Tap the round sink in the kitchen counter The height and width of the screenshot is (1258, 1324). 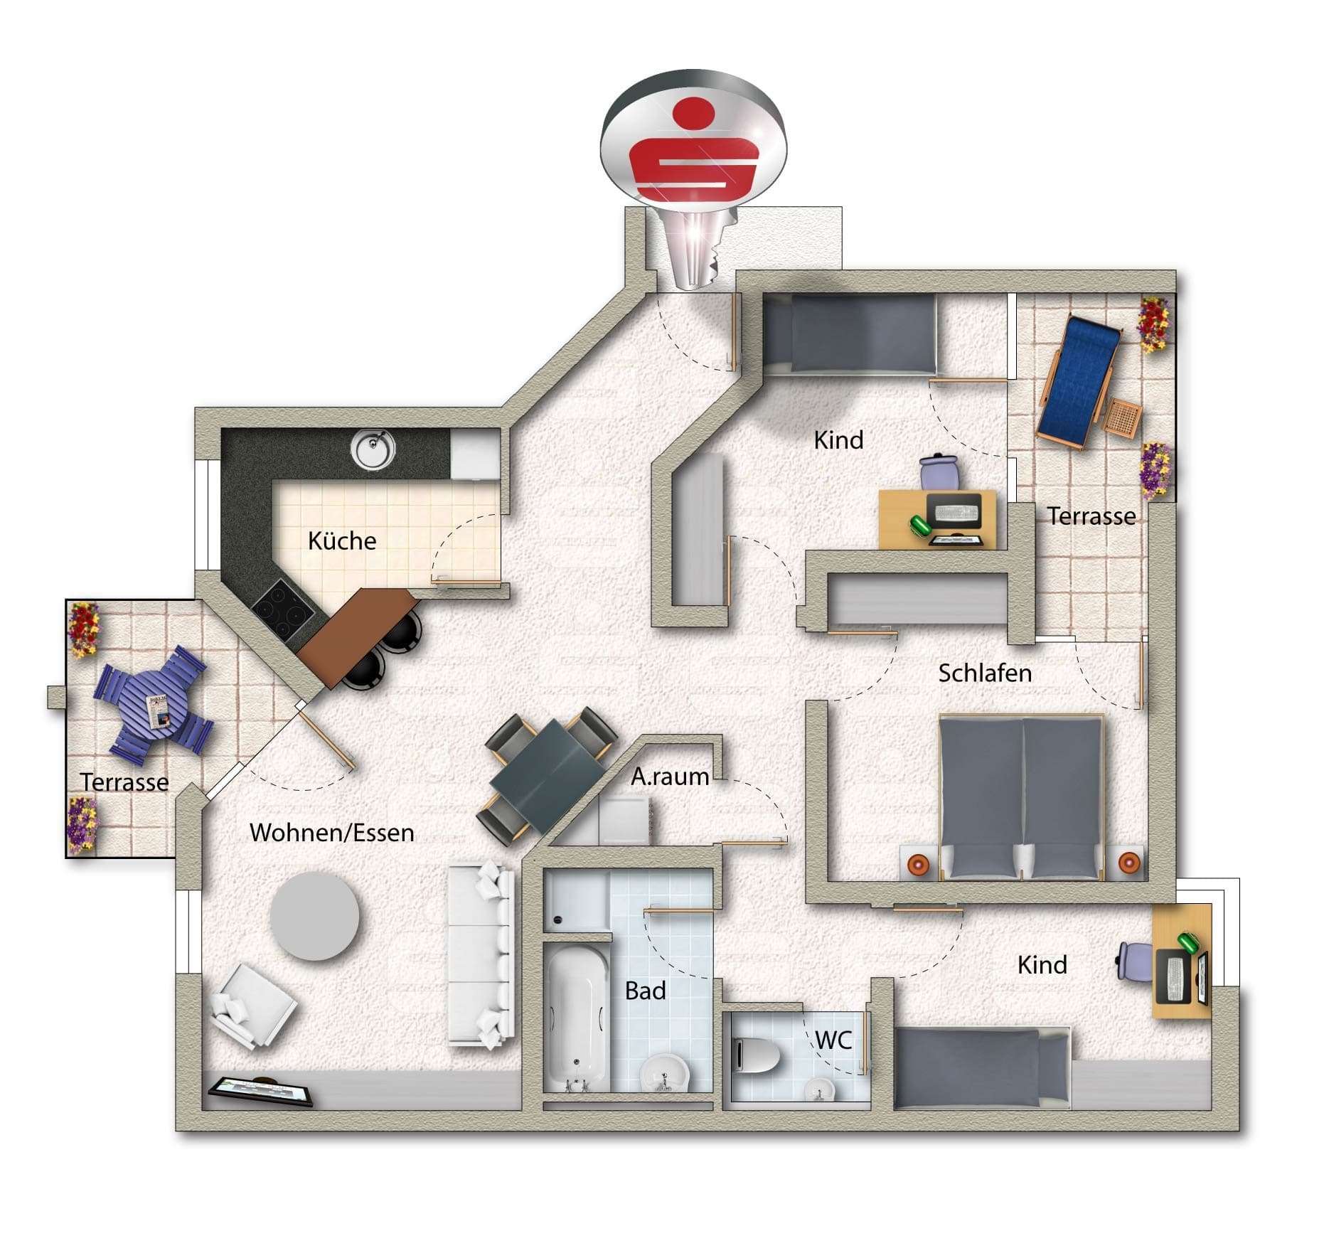pos(373,449)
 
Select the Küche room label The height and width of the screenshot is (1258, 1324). pos(342,541)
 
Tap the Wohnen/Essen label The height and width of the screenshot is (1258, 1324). pos(331,833)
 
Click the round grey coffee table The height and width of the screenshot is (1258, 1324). pos(315,916)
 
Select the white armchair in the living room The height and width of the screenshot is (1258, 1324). pos(252,1006)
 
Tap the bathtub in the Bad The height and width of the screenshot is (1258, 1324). pos(577,1018)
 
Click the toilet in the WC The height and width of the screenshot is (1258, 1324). pos(755,1055)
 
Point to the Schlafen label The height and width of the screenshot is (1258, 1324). pos(984,673)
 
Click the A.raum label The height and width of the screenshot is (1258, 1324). pos(669,777)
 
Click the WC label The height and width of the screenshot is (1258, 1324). pos(833,1040)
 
